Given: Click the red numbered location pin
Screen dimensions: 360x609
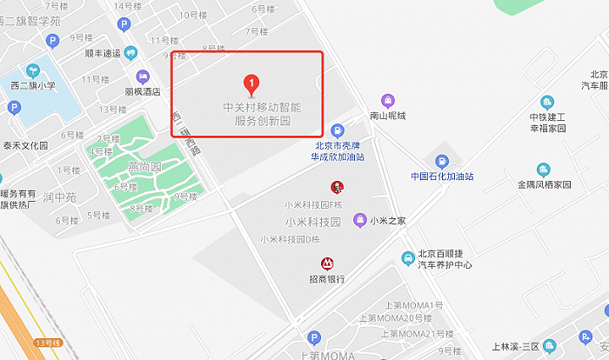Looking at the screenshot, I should tap(251, 84).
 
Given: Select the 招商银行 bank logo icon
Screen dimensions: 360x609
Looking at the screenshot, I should tap(327, 263).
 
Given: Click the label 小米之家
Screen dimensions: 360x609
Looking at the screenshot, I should tap(388, 221).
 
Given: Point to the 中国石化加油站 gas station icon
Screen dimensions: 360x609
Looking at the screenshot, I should tap(442, 161).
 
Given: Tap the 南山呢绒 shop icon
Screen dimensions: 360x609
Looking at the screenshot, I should tap(389, 100).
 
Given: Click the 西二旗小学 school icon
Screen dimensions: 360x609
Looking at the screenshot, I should tap(33, 70).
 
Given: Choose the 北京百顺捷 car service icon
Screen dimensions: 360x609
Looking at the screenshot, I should tap(407, 258).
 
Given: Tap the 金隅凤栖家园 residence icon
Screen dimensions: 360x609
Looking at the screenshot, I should tap(544, 170).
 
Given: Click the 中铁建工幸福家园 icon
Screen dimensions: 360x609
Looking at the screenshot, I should tap(548, 102).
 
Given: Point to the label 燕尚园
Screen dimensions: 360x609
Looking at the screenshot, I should tap(144, 165).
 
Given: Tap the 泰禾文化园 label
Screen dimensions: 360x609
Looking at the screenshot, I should tap(25, 145).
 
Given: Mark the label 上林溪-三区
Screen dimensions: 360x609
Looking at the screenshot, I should tap(516, 346).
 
